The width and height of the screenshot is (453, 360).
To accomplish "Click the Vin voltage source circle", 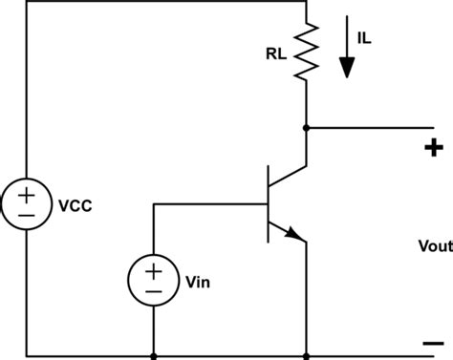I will point(153,254).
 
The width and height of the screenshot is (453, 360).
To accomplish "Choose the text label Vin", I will point(196,255).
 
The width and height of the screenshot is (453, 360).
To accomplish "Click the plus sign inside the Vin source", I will point(153,244).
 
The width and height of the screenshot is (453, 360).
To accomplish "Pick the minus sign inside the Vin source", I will point(153,265).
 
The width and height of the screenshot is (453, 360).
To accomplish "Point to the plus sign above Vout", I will point(433,147).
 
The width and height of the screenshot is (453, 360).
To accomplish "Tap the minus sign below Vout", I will point(433,344).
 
